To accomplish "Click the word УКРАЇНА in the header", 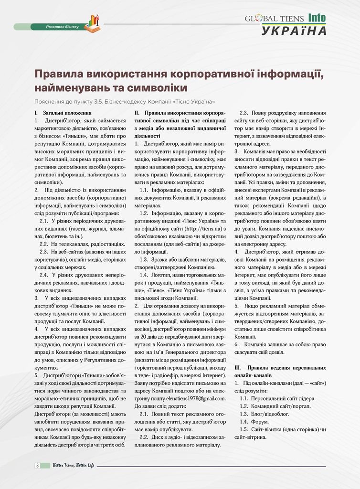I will [x=294, y=31].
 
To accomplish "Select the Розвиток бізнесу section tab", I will [x=62, y=27].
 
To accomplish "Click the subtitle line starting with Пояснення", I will [x=125, y=102].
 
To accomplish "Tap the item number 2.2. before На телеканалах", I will [x=44, y=244].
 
